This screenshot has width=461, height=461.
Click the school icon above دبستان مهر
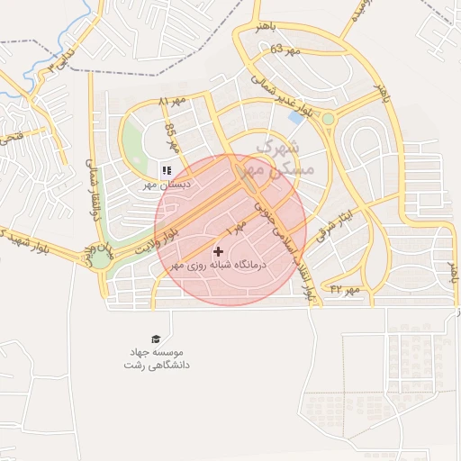tap(166, 169)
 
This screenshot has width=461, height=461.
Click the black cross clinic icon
tap(219, 251)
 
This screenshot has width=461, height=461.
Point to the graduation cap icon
tap(156, 338)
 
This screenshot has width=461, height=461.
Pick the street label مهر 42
tap(345, 288)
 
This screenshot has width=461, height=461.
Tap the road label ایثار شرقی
tap(343, 222)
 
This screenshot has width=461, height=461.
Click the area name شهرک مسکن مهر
tap(286, 158)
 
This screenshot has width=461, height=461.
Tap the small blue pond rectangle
tap(294, 117)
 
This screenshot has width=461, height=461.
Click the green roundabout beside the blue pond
tap(328, 119)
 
